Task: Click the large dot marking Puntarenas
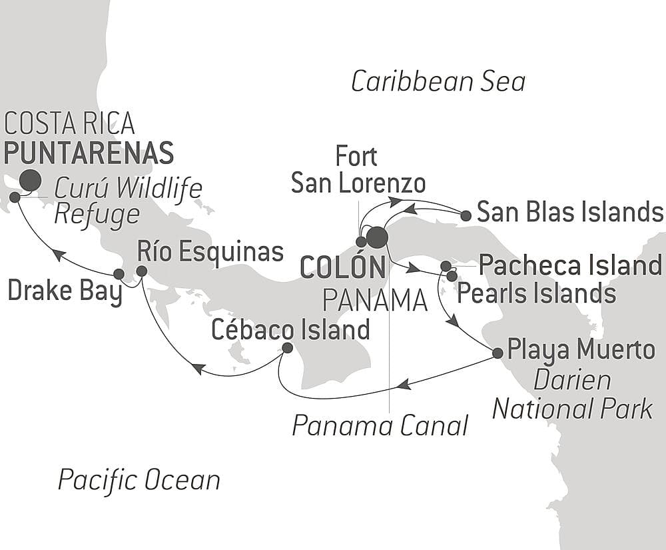pyautogui.click(x=29, y=180)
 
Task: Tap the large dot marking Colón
pyautogui.click(x=377, y=237)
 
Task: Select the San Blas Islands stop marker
pyautogui.click(x=466, y=215)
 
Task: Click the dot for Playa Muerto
pyautogui.click(x=497, y=353)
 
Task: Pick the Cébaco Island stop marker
pyautogui.click(x=287, y=347)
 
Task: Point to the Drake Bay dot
pyautogui.click(x=119, y=273)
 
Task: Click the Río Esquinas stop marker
pyautogui.click(x=141, y=271)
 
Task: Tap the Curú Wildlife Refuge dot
pyautogui.click(x=15, y=197)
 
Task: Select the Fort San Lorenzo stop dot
pyautogui.click(x=361, y=241)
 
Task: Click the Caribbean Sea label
pyautogui.click(x=438, y=82)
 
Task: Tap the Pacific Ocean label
pyautogui.click(x=139, y=480)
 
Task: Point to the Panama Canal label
pyautogui.click(x=380, y=425)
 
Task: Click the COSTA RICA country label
pyautogui.click(x=70, y=123)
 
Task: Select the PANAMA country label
pyautogui.click(x=374, y=301)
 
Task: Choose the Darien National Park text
pyautogui.click(x=573, y=395)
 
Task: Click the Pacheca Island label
pyautogui.click(x=570, y=265)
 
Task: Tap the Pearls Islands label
pyautogui.click(x=535, y=293)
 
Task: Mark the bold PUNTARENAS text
pyautogui.click(x=89, y=153)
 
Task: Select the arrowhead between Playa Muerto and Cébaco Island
pyautogui.click(x=404, y=385)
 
